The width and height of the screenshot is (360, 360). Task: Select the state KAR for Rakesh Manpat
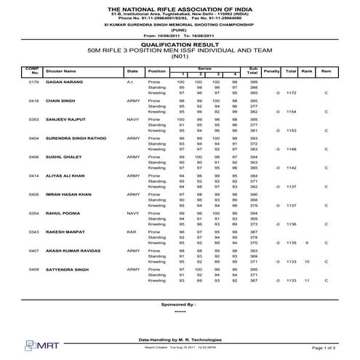click(x=131, y=231)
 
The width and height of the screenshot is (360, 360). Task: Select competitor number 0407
click(x=33, y=250)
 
